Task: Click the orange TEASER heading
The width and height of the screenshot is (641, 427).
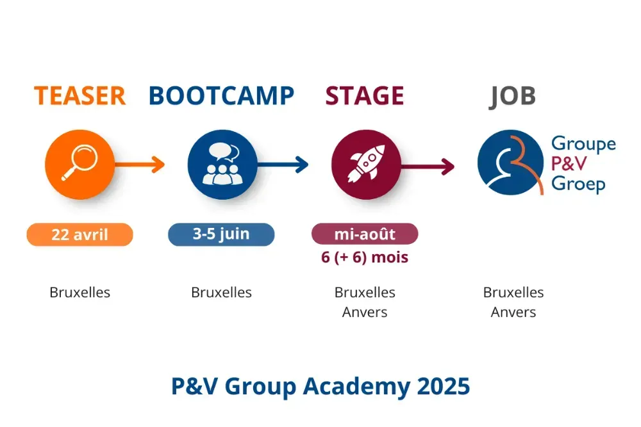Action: click(79, 95)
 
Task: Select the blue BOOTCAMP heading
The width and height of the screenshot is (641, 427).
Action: click(221, 95)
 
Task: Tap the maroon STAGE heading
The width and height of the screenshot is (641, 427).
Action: click(365, 95)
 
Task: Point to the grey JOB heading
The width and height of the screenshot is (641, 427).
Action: click(513, 95)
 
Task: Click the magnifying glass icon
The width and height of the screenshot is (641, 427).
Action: click(80, 165)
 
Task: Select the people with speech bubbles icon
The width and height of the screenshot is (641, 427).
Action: click(222, 165)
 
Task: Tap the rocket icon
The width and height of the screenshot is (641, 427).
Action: click(365, 165)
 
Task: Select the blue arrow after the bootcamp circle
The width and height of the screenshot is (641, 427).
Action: click(283, 165)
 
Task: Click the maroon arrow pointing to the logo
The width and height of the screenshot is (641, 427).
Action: click(428, 167)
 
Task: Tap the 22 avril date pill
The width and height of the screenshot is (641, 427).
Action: click(79, 235)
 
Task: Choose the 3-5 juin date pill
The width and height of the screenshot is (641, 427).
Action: click(221, 234)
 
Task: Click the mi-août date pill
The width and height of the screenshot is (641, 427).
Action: click(365, 234)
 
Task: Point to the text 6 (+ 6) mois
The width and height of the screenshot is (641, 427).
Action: click(365, 257)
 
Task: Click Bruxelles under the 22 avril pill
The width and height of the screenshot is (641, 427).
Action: click(80, 293)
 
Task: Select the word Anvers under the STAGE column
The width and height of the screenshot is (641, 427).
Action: click(365, 312)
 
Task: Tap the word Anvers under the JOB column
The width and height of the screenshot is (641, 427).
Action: click(513, 312)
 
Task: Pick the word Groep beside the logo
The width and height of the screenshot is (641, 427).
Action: click(578, 185)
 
